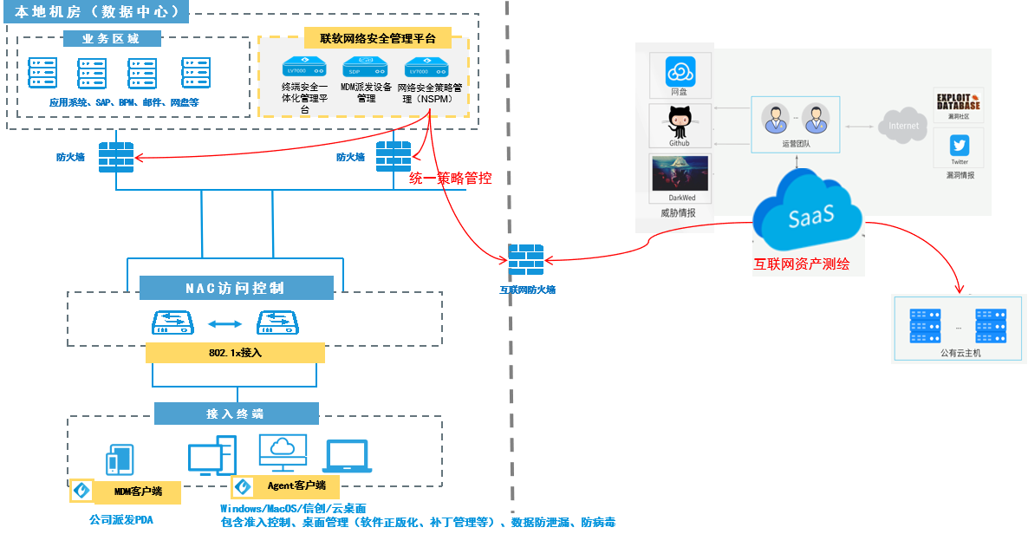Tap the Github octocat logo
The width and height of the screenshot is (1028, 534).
pyautogui.click(x=680, y=122)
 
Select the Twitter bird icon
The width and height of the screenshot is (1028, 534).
pyautogui.click(x=959, y=145)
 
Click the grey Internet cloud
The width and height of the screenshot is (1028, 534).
pyautogui.click(x=902, y=126)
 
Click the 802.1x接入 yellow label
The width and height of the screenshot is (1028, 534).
pyautogui.click(x=235, y=352)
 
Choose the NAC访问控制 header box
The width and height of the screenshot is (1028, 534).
pyautogui.click(x=235, y=288)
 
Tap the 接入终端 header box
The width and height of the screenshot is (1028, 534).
pyautogui.click(x=236, y=414)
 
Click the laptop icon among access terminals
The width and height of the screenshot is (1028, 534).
pyautogui.click(x=348, y=457)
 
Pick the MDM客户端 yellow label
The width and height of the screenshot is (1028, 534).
pyautogui.click(x=138, y=492)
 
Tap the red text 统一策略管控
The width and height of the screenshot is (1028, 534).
pyautogui.click(x=450, y=179)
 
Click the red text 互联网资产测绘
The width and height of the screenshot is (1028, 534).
pyautogui.click(x=808, y=264)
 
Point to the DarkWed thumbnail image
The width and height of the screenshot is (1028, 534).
pyautogui.click(x=680, y=173)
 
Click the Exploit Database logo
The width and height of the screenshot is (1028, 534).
pyautogui.click(x=958, y=102)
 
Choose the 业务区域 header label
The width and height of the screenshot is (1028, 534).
pyautogui.click(x=111, y=38)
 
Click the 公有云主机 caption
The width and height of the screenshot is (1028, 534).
pyautogui.click(x=960, y=354)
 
